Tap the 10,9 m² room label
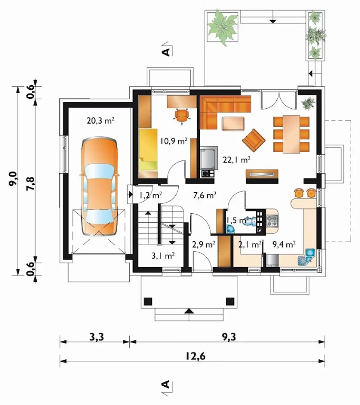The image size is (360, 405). (174, 141)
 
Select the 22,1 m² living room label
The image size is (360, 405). (237, 160)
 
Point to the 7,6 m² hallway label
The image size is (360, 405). (205, 195)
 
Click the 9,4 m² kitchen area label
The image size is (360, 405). (284, 244)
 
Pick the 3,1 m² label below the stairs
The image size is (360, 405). (163, 256)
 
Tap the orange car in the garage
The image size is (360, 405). (99, 186)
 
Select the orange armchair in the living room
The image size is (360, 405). (254, 140)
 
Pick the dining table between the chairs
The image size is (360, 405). (291, 134)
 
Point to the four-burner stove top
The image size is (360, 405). (272, 221)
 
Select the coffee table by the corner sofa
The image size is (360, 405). (233, 124)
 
